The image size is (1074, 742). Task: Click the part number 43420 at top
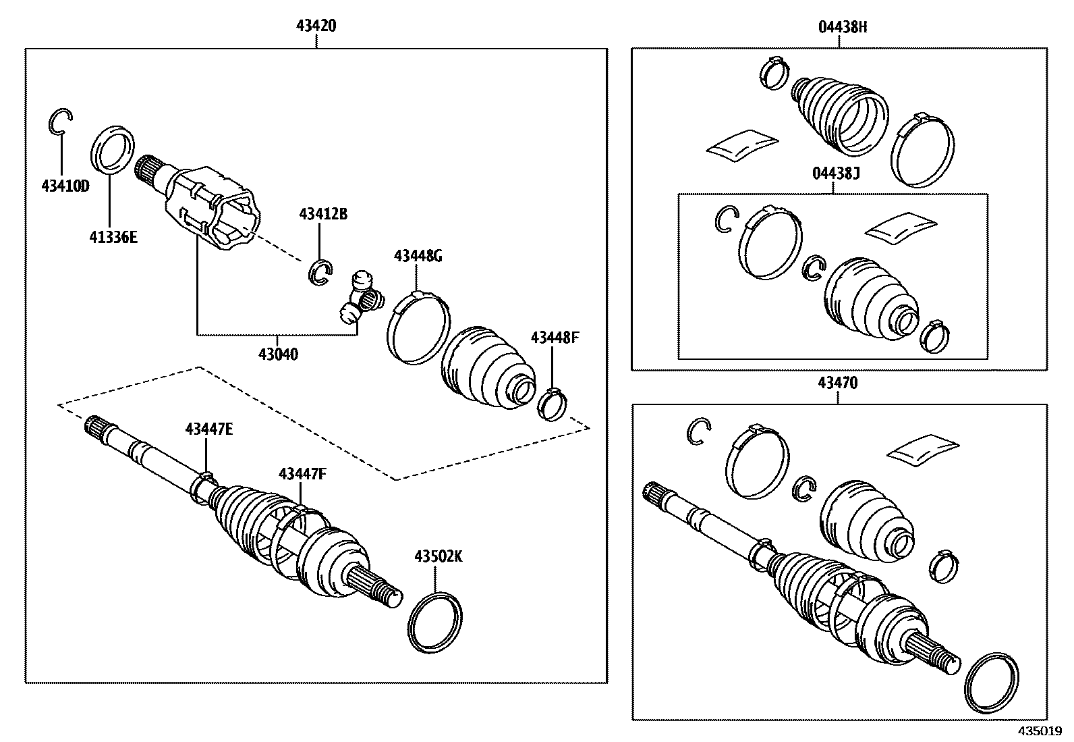[316, 26]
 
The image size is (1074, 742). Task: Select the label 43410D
[65, 186]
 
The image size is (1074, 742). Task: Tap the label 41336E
[113, 237]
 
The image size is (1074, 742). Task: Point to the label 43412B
[322, 215]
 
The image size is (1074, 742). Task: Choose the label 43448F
[555, 338]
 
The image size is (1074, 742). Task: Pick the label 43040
[278, 353]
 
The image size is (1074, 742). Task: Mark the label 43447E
[209, 429]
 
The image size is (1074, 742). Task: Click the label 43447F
[302, 474]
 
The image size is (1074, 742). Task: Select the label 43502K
[438, 556]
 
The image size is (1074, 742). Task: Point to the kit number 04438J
[836, 174]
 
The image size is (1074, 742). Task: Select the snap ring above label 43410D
[60, 122]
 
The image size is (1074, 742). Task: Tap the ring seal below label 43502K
[436, 622]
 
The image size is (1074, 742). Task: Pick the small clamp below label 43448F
[554, 403]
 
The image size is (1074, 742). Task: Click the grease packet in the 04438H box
[741, 144]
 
